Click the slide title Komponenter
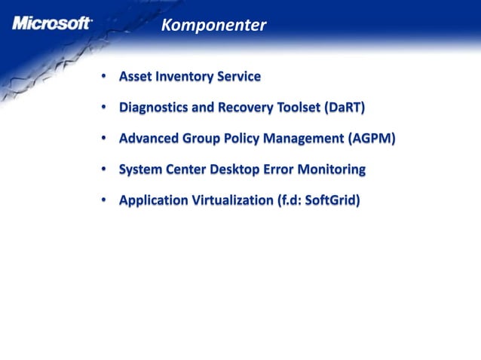coord(213,26)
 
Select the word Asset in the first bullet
coord(136,76)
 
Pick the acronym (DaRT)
coord(345,108)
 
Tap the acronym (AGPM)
coord(372,139)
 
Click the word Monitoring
coord(331,169)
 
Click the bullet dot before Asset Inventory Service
coord(103,77)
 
